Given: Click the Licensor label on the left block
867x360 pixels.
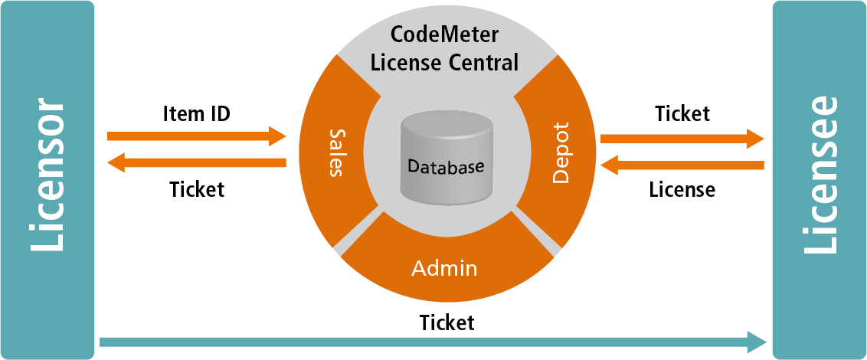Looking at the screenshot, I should pos(47,175).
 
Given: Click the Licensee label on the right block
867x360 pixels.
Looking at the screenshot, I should pos(820,175).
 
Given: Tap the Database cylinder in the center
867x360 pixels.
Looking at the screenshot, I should pos(445,157).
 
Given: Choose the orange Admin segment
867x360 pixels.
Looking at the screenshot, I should pos(444,269).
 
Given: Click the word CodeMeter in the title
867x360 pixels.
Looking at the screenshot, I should pos(445,34).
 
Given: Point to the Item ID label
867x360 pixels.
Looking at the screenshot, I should pos(196,114).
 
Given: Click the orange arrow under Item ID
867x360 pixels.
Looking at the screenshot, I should pos(196,137).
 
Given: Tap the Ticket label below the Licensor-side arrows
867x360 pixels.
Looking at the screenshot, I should pos(197,188).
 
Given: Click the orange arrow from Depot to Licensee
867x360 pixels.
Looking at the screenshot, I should pos(682,139).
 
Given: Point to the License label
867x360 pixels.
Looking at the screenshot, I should pos(682,189).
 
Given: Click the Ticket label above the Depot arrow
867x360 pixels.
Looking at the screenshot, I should pos(682,114).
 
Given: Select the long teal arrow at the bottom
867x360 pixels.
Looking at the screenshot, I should pos(429,341).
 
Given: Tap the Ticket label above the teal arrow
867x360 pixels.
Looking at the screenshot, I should pos(447,322).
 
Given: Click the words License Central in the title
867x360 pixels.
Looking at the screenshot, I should pos(445,61).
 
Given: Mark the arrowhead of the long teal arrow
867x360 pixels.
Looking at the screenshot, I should pos(757,341).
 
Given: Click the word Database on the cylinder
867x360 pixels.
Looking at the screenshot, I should pos(445,166).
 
